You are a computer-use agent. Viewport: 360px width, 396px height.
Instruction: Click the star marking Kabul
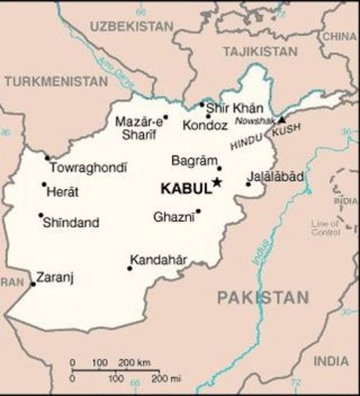tap(217, 181)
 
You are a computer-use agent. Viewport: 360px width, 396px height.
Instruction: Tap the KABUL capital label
tap(186, 188)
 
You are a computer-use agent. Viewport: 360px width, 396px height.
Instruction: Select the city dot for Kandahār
tap(130, 267)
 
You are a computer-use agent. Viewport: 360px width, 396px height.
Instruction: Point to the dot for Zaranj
tap(33, 285)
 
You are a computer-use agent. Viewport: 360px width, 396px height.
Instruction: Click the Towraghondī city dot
tap(47, 157)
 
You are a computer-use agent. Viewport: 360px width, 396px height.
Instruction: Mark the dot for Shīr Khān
tap(201, 105)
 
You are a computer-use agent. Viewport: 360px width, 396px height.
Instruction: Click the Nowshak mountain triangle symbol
tap(282, 120)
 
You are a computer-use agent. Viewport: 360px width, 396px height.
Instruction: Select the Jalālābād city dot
tap(248, 183)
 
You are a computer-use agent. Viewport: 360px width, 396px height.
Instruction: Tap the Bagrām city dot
tap(219, 168)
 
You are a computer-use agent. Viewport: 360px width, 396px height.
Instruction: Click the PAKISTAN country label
tap(263, 296)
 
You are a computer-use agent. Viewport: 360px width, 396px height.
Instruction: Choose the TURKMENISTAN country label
tap(55, 82)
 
